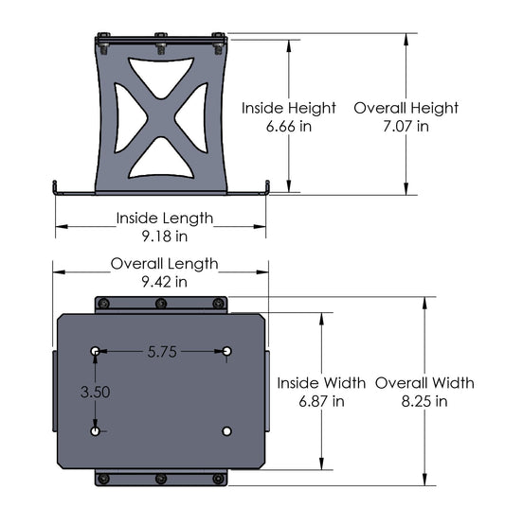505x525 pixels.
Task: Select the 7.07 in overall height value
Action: (406, 125)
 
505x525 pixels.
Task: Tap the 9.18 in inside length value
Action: (165, 236)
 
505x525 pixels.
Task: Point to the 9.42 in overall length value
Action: (165, 281)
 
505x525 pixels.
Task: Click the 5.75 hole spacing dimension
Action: (162, 351)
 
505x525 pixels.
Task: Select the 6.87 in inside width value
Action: (322, 400)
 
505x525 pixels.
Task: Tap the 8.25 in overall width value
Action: (424, 400)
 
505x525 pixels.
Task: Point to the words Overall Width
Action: (424, 383)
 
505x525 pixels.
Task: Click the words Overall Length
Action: (165, 264)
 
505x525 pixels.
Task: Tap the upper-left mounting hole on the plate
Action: (96, 352)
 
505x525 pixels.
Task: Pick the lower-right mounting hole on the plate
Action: (226, 430)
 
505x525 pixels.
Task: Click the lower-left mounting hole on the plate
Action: (96, 431)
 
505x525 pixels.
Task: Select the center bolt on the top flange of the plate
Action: (161, 304)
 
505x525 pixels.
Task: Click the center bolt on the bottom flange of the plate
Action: (161, 479)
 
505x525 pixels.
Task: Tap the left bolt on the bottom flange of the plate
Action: (104, 479)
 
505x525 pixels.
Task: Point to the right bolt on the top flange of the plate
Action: (218, 304)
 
